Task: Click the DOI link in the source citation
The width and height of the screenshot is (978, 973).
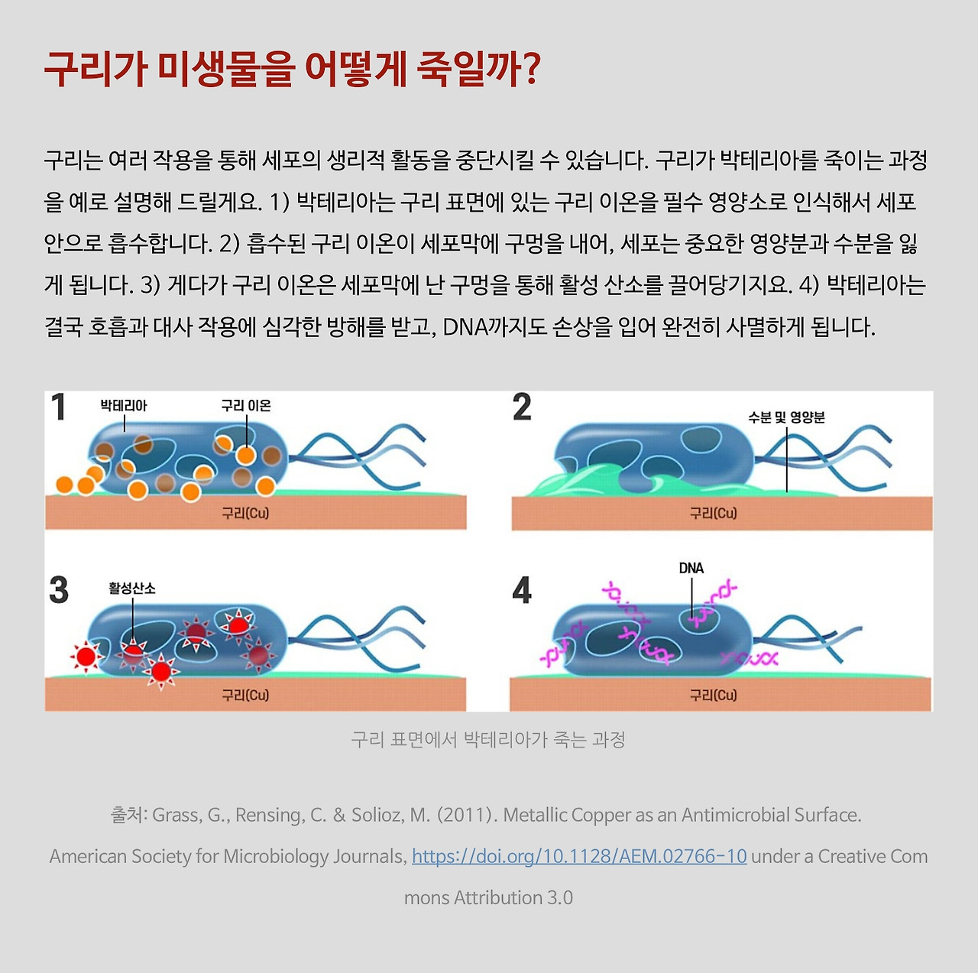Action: tap(579, 856)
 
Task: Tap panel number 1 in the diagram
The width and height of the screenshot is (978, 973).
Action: tap(59, 407)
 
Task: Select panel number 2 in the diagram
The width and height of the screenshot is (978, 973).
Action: tap(522, 407)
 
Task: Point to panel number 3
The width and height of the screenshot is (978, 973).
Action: tap(59, 590)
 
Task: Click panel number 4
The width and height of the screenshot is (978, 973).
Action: tap(522, 590)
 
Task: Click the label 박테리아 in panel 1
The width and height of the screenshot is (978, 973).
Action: tap(124, 405)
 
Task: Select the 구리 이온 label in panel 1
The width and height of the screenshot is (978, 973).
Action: tap(246, 405)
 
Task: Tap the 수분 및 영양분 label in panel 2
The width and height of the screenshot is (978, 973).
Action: tap(786, 417)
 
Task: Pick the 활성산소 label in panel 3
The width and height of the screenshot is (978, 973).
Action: tap(132, 588)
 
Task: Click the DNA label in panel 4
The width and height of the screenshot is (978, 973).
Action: tap(691, 568)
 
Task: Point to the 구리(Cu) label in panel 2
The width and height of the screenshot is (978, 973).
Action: tap(713, 513)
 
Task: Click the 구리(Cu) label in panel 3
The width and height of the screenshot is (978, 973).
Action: tap(245, 695)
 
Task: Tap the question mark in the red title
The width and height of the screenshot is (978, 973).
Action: tap(531, 70)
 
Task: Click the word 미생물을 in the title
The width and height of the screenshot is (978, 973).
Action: tap(226, 70)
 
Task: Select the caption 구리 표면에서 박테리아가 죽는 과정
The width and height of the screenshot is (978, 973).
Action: tap(487, 739)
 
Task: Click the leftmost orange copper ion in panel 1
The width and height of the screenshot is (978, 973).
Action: tap(64, 485)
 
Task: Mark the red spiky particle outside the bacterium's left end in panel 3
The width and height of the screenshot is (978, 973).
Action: tap(86, 657)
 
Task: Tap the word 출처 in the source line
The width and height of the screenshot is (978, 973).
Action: tap(128, 815)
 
